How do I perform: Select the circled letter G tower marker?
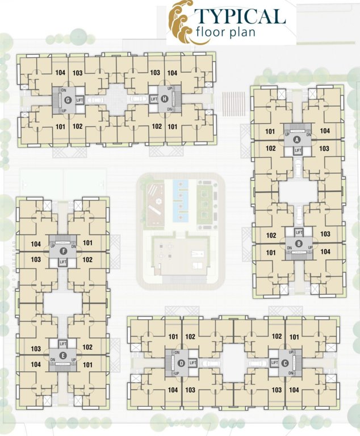[68, 100]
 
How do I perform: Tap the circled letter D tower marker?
[181, 363]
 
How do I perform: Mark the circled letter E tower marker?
[63, 355]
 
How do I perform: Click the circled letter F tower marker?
[63, 251]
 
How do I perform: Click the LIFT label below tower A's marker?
[298, 150]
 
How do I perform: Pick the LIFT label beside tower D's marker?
[193, 363]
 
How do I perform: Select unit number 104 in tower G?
[61, 73]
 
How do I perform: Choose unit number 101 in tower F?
[87, 243]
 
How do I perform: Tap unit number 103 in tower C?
[277, 390]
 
